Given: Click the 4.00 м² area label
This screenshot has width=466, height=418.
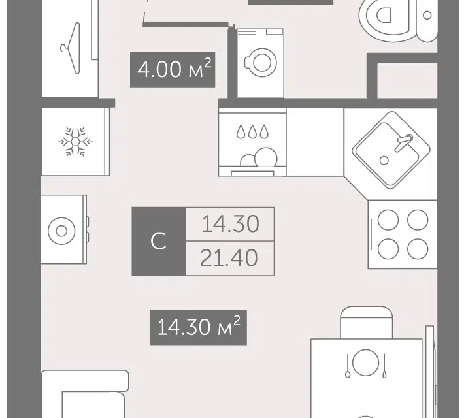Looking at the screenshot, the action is [173, 69].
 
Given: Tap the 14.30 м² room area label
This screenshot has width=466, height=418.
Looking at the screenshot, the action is [199, 327].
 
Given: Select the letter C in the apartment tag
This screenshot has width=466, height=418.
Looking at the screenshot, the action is [158, 241].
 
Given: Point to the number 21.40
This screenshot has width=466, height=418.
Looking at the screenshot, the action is [229, 258].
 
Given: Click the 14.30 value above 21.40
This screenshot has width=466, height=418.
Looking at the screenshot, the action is [230, 224].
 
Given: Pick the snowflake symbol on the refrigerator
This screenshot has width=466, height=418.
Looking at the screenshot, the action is [75, 142].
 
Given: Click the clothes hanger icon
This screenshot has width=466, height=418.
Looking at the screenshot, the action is [71, 48].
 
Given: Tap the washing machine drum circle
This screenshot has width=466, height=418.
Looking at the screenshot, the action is [262, 63].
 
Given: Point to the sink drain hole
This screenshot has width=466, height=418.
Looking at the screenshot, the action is [384, 161].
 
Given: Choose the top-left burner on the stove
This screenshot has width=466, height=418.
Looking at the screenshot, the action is [388, 220].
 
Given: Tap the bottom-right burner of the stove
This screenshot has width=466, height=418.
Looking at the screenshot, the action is [418, 249].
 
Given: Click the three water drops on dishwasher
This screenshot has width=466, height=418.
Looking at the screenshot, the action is [252, 132].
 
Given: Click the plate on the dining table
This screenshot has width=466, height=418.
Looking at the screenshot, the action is [365, 362].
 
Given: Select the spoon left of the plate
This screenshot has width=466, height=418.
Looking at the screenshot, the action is [348, 366].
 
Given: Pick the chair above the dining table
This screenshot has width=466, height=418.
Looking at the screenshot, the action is [366, 323].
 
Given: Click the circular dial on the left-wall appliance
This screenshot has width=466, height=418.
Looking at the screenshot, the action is [61, 231].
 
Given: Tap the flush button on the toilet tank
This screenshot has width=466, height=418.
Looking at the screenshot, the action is [427, 15].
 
